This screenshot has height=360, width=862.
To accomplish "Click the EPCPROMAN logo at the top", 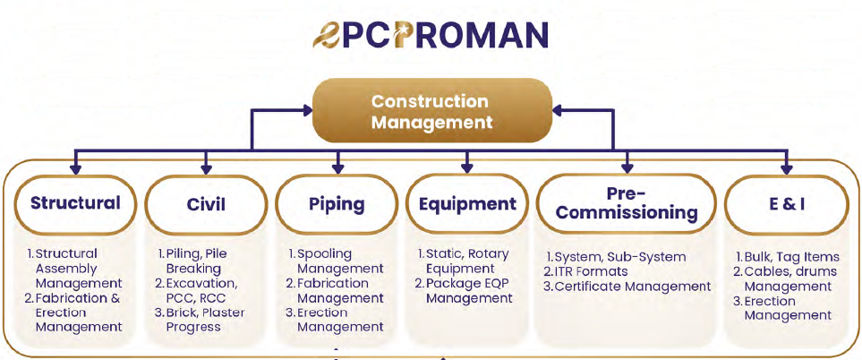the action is (x=431, y=35).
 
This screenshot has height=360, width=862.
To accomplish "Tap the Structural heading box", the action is (x=75, y=203).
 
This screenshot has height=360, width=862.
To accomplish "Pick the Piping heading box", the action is (x=337, y=204).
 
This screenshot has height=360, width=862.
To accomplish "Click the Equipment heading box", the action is (x=467, y=204).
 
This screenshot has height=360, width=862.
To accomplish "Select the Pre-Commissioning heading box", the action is (x=627, y=203).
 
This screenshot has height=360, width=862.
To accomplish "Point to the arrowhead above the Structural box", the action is (x=76, y=169).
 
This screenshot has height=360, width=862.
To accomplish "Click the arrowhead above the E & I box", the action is (x=787, y=169).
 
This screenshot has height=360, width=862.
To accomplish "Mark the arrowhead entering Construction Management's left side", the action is (x=307, y=111).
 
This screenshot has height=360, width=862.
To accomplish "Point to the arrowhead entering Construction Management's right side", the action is (x=558, y=111).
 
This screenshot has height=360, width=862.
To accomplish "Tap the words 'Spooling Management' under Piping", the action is (x=336, y=261).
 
